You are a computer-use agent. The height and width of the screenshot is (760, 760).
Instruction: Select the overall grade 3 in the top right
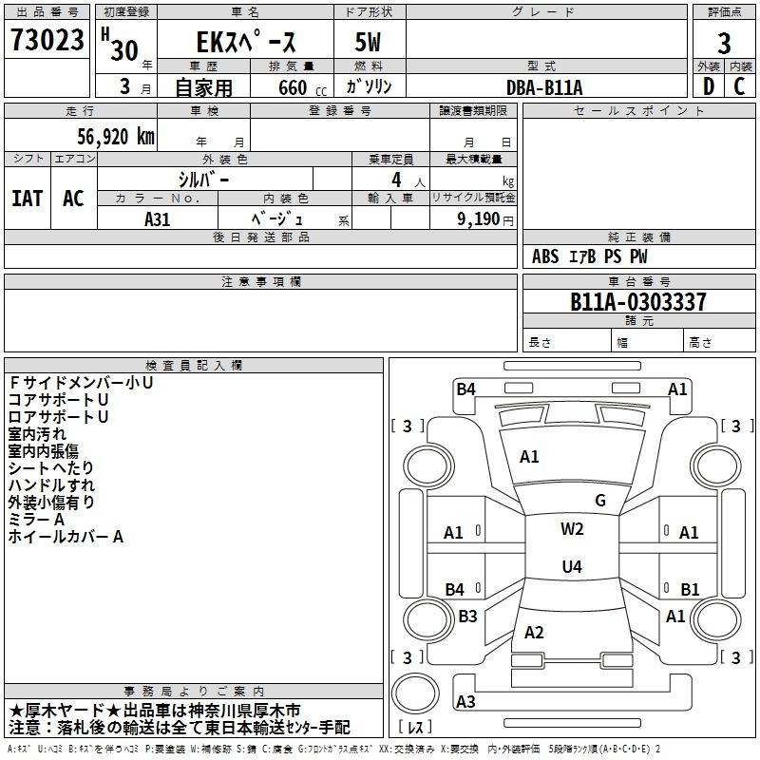click(x=724, y=44)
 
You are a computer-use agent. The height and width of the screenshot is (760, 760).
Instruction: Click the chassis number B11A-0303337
click(x=637, y=302)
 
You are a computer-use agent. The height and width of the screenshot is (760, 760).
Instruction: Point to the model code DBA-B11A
click(x=544, y=87)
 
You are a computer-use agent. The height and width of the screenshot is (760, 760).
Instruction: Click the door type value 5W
click(x=370, y=44)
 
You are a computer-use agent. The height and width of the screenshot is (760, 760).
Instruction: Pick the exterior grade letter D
click(x=708, y=87)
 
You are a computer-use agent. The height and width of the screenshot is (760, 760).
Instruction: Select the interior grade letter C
click(x=739, y=87)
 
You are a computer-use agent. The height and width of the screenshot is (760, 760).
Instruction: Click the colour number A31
click(x=158, y=218)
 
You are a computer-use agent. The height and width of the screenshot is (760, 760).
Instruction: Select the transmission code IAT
click(x=27, y=199)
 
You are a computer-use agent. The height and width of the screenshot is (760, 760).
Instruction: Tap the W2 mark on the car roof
click(x=572, y=529)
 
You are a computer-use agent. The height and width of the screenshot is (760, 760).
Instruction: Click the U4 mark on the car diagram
click(x=571, y=567)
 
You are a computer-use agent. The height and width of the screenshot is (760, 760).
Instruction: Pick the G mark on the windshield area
click(x=599, y=501)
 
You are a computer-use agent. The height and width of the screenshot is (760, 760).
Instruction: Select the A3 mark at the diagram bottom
click(x=465, y=702)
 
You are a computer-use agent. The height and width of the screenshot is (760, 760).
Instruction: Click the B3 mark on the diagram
click(x=467, y=617)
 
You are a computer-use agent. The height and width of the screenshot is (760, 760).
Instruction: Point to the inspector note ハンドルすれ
click(x=51, y=485)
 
